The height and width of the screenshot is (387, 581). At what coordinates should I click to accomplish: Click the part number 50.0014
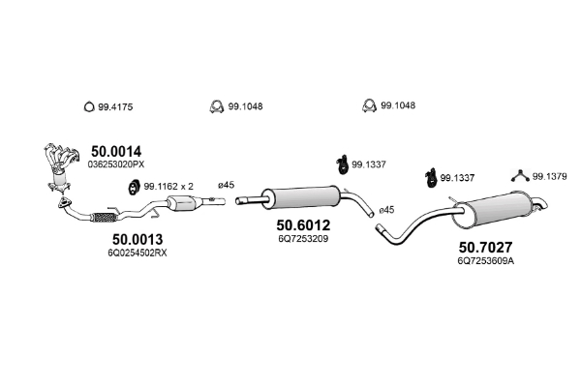(x=116, y=151)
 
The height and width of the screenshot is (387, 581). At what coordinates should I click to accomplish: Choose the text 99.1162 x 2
(x=168, y=186)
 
